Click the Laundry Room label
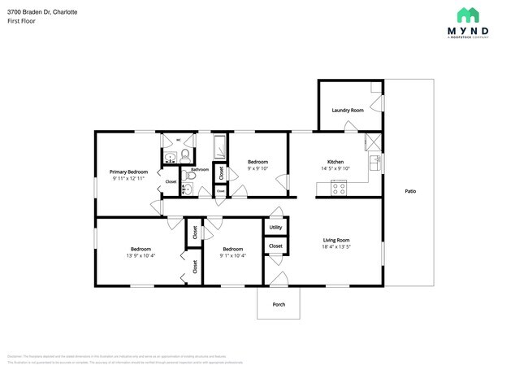[x=347, y=110]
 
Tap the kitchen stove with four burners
[x=339, y=189]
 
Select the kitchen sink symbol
[x=374, y=161]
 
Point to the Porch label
[x=279, y=304]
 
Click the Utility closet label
[x=275, y=228]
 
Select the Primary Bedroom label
[x=128, y=172]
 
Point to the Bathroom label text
[x=200, y=170]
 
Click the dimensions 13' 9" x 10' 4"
[x=141, y=256]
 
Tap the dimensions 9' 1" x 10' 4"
[x=233, y=256]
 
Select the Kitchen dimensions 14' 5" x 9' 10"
[x=335, y=169]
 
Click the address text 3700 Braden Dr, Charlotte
[x=43, y=12]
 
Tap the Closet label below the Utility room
[x=275, y=246]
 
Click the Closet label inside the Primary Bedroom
[x=171, y=181]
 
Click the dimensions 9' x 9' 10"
[x=258, y=169]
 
